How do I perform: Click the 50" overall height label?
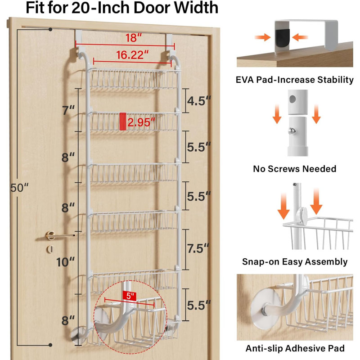(x=19, y=188)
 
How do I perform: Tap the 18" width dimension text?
(x=134, y=38)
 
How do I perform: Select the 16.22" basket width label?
(x=132, y=55)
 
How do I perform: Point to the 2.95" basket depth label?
(x=141, y=122)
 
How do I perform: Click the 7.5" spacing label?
(x=198, y=248)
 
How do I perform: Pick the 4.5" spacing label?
(x=199, y=101)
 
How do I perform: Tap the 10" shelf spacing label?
(x=65, y=262)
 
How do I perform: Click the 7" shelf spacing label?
(x=68, y=110)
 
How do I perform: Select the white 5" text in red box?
(x=130, y=296)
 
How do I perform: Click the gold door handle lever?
(x=59, y=235)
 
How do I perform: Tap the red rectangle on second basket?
(x=123, y=121)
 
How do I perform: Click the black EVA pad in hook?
(x=283, y=38)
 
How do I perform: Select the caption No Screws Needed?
(x=295, y=169)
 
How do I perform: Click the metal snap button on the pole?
(x=292, y=131)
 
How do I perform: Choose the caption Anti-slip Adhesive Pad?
(x=295, y=348)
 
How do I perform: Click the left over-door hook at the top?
(x=78, y=39)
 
